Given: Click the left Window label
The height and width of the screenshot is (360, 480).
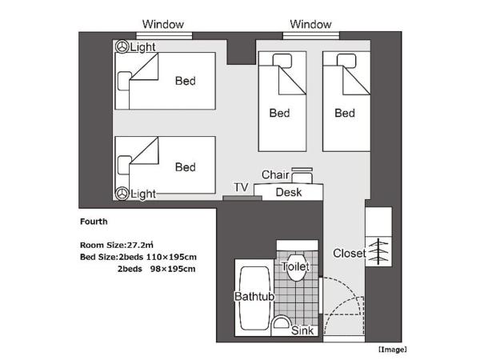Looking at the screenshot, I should coord(163,24).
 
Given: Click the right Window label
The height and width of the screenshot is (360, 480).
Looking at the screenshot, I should coord(310,24).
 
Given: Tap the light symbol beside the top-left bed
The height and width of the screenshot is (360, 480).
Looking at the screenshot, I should coord(122,47).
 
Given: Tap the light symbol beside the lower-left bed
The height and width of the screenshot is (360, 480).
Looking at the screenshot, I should coord(122,194).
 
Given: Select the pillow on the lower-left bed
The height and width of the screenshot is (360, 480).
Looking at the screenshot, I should coord(124,166).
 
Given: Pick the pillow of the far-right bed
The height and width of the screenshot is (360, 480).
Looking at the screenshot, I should coord(346,62).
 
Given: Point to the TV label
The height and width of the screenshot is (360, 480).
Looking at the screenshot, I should coord(241,187).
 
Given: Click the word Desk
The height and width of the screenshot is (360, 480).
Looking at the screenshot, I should coord(288,192).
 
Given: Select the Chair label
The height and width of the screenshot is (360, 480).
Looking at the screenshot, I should coord(274,174).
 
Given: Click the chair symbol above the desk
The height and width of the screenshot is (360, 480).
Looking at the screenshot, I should coord(302,174).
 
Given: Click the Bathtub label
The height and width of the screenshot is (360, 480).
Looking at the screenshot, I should coord(253,297).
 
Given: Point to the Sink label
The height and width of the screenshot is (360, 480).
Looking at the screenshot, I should coord(302,330).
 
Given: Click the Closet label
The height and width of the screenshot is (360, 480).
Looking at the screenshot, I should coord(350,254).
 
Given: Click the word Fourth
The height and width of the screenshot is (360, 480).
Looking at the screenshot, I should coord(94,222).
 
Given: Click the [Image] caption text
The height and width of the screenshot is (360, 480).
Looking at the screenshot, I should coord(392,350).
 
